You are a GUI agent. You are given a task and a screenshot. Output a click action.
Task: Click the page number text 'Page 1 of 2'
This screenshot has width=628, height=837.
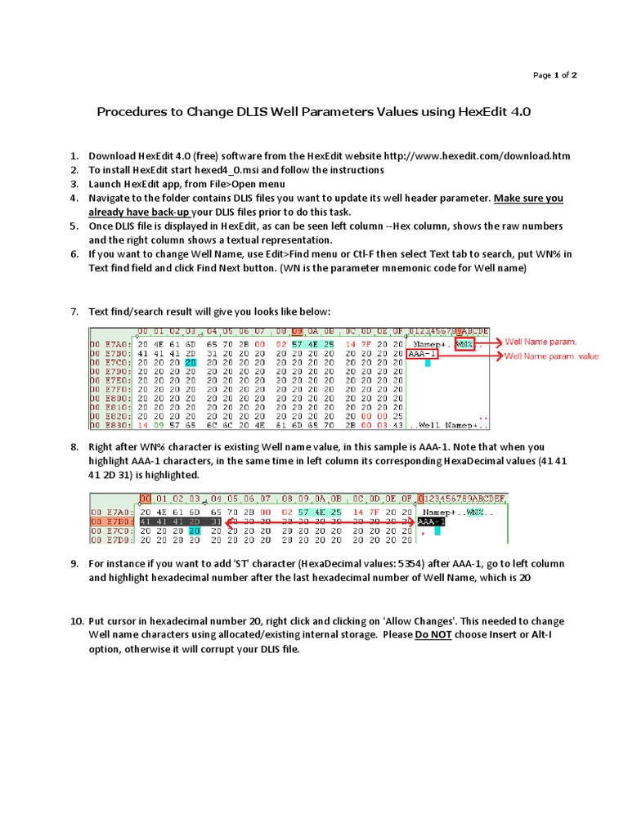point(555,75)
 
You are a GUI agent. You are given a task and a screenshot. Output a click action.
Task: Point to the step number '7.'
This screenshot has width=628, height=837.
point(74,312)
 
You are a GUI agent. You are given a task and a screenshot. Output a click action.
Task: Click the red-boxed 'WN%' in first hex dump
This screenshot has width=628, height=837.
point(464,344)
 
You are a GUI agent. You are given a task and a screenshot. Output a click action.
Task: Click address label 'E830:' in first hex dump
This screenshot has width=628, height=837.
point(109,426)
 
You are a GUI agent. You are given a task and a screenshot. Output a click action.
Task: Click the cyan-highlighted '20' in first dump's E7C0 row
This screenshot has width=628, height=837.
point(191,363)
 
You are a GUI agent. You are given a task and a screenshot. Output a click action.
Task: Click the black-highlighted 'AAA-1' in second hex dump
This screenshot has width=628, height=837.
point(431,521)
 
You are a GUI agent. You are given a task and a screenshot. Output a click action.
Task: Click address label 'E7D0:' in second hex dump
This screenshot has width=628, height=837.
point(109,539)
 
